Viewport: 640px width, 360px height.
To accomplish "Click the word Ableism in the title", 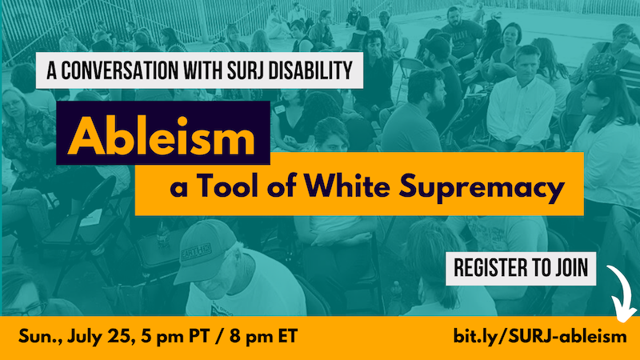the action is point(162,135).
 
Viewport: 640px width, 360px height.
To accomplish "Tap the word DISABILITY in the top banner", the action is point(310,70).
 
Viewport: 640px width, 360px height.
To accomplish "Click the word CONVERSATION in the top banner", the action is point(119,70).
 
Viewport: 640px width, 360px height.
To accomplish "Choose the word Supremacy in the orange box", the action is point(482,188).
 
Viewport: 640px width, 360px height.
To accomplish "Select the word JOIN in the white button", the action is point(571,268).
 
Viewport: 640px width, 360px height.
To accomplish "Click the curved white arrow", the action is point(625,292).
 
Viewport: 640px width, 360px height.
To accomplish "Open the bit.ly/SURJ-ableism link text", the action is point(540,337).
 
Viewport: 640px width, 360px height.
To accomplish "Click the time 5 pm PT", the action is point(175,337).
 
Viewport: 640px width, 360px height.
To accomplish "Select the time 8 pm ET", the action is point(264,337).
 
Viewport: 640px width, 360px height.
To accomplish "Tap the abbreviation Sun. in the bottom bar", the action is point(40,337).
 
